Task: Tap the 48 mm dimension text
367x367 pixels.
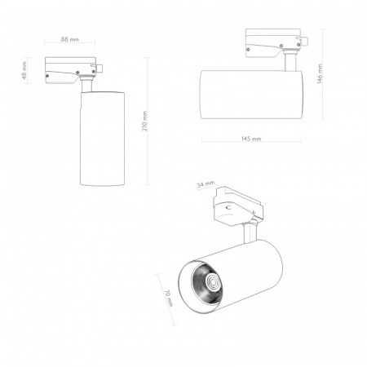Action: click(x=25, y=70)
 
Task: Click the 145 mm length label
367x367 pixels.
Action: click(x=251, y=139)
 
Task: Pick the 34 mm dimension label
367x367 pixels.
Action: click(x=205, y=186)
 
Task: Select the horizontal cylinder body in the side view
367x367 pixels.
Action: click(x=250, y=95)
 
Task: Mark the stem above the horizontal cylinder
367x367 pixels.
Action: click(x=290, y=63)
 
